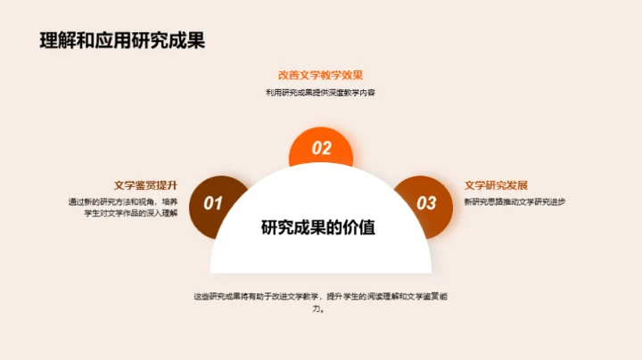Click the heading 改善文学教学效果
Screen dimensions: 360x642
tap(320, 76)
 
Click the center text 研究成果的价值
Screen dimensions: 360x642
tap(318, 227)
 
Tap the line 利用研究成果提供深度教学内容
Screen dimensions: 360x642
tap(320, 93)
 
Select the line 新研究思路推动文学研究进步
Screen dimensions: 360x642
tap(515, 201)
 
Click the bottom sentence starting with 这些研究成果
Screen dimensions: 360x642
tap(320, 295)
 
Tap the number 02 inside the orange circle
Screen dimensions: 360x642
tap(321, 149)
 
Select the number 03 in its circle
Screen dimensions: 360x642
tap(427, 204)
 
